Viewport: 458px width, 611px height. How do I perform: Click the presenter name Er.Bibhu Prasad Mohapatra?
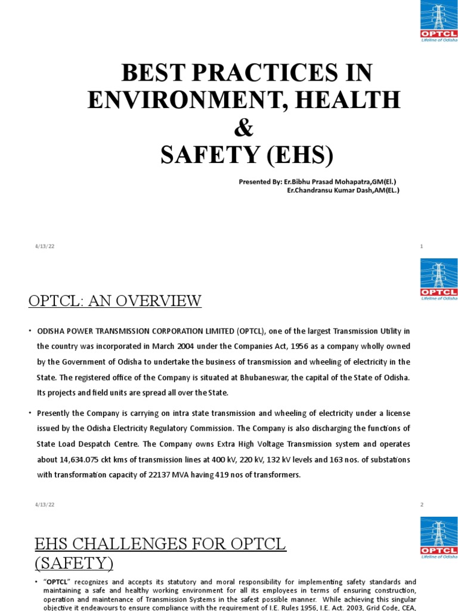coord(329,181)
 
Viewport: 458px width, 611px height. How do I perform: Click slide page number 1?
coord(422,246)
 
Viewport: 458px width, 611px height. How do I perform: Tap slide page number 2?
coord(422,504)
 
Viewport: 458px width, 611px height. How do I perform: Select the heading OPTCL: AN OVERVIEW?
coord(115,301)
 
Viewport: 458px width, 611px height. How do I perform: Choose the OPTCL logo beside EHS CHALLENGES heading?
coord(438,539)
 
